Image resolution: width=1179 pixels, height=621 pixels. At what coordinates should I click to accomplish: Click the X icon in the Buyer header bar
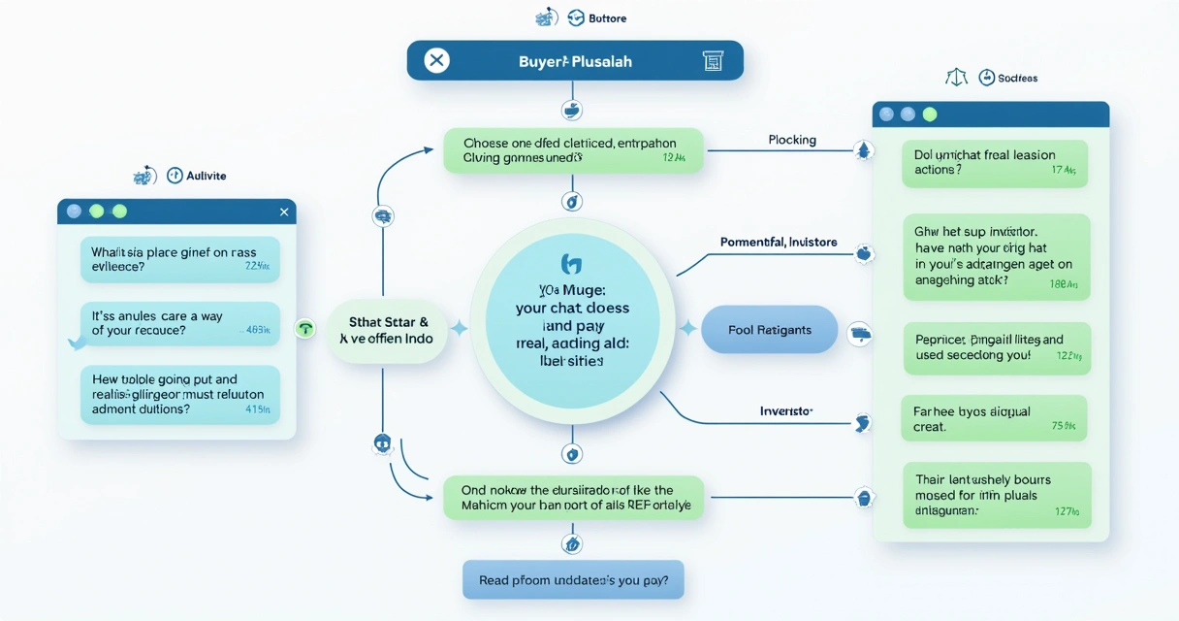[437, 61]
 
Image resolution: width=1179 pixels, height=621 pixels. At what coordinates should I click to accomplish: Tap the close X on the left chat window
[284, 212]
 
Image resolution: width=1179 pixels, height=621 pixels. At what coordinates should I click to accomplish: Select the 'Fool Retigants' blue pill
[769, 330]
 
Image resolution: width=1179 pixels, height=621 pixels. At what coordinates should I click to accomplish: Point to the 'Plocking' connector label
[792, 140]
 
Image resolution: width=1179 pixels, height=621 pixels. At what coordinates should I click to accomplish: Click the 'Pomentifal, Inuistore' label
[779, 242]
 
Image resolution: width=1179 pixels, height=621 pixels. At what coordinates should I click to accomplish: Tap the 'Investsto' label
[786, 411]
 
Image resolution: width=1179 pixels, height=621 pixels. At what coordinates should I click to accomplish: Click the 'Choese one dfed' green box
[573, 150]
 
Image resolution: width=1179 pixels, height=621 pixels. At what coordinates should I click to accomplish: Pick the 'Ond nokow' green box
[573, 498]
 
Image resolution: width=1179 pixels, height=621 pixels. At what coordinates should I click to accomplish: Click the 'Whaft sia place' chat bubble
[179, 259]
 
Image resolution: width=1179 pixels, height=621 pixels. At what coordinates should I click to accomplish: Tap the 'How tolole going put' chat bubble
[179, 395]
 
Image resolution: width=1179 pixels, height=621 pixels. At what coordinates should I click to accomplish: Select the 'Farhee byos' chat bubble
[993, 418]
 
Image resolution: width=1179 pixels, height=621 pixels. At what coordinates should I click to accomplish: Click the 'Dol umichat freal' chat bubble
[995, 163]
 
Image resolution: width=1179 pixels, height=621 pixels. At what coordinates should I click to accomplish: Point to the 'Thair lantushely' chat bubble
[997, 495]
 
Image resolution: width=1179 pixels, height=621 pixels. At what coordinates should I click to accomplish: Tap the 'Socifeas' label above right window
[1018, 78]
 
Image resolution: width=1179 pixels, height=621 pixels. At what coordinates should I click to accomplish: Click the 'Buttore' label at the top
[607, 18]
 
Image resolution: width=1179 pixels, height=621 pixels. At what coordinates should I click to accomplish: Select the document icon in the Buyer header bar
[712, 61]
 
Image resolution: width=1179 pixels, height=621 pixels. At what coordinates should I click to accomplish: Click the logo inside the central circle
[570, 263]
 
